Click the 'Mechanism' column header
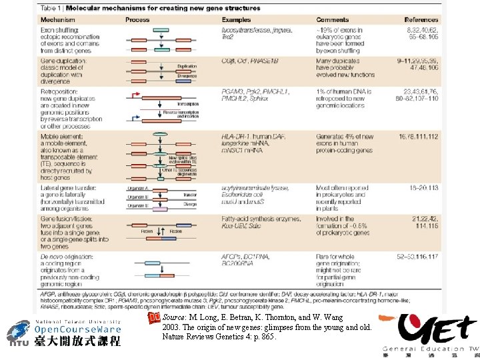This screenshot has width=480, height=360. tap(57, 20)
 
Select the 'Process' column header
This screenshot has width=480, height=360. tap(137, 20)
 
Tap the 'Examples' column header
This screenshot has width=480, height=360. tap(236, 20)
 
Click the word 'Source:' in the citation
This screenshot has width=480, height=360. tap(175, 318)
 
